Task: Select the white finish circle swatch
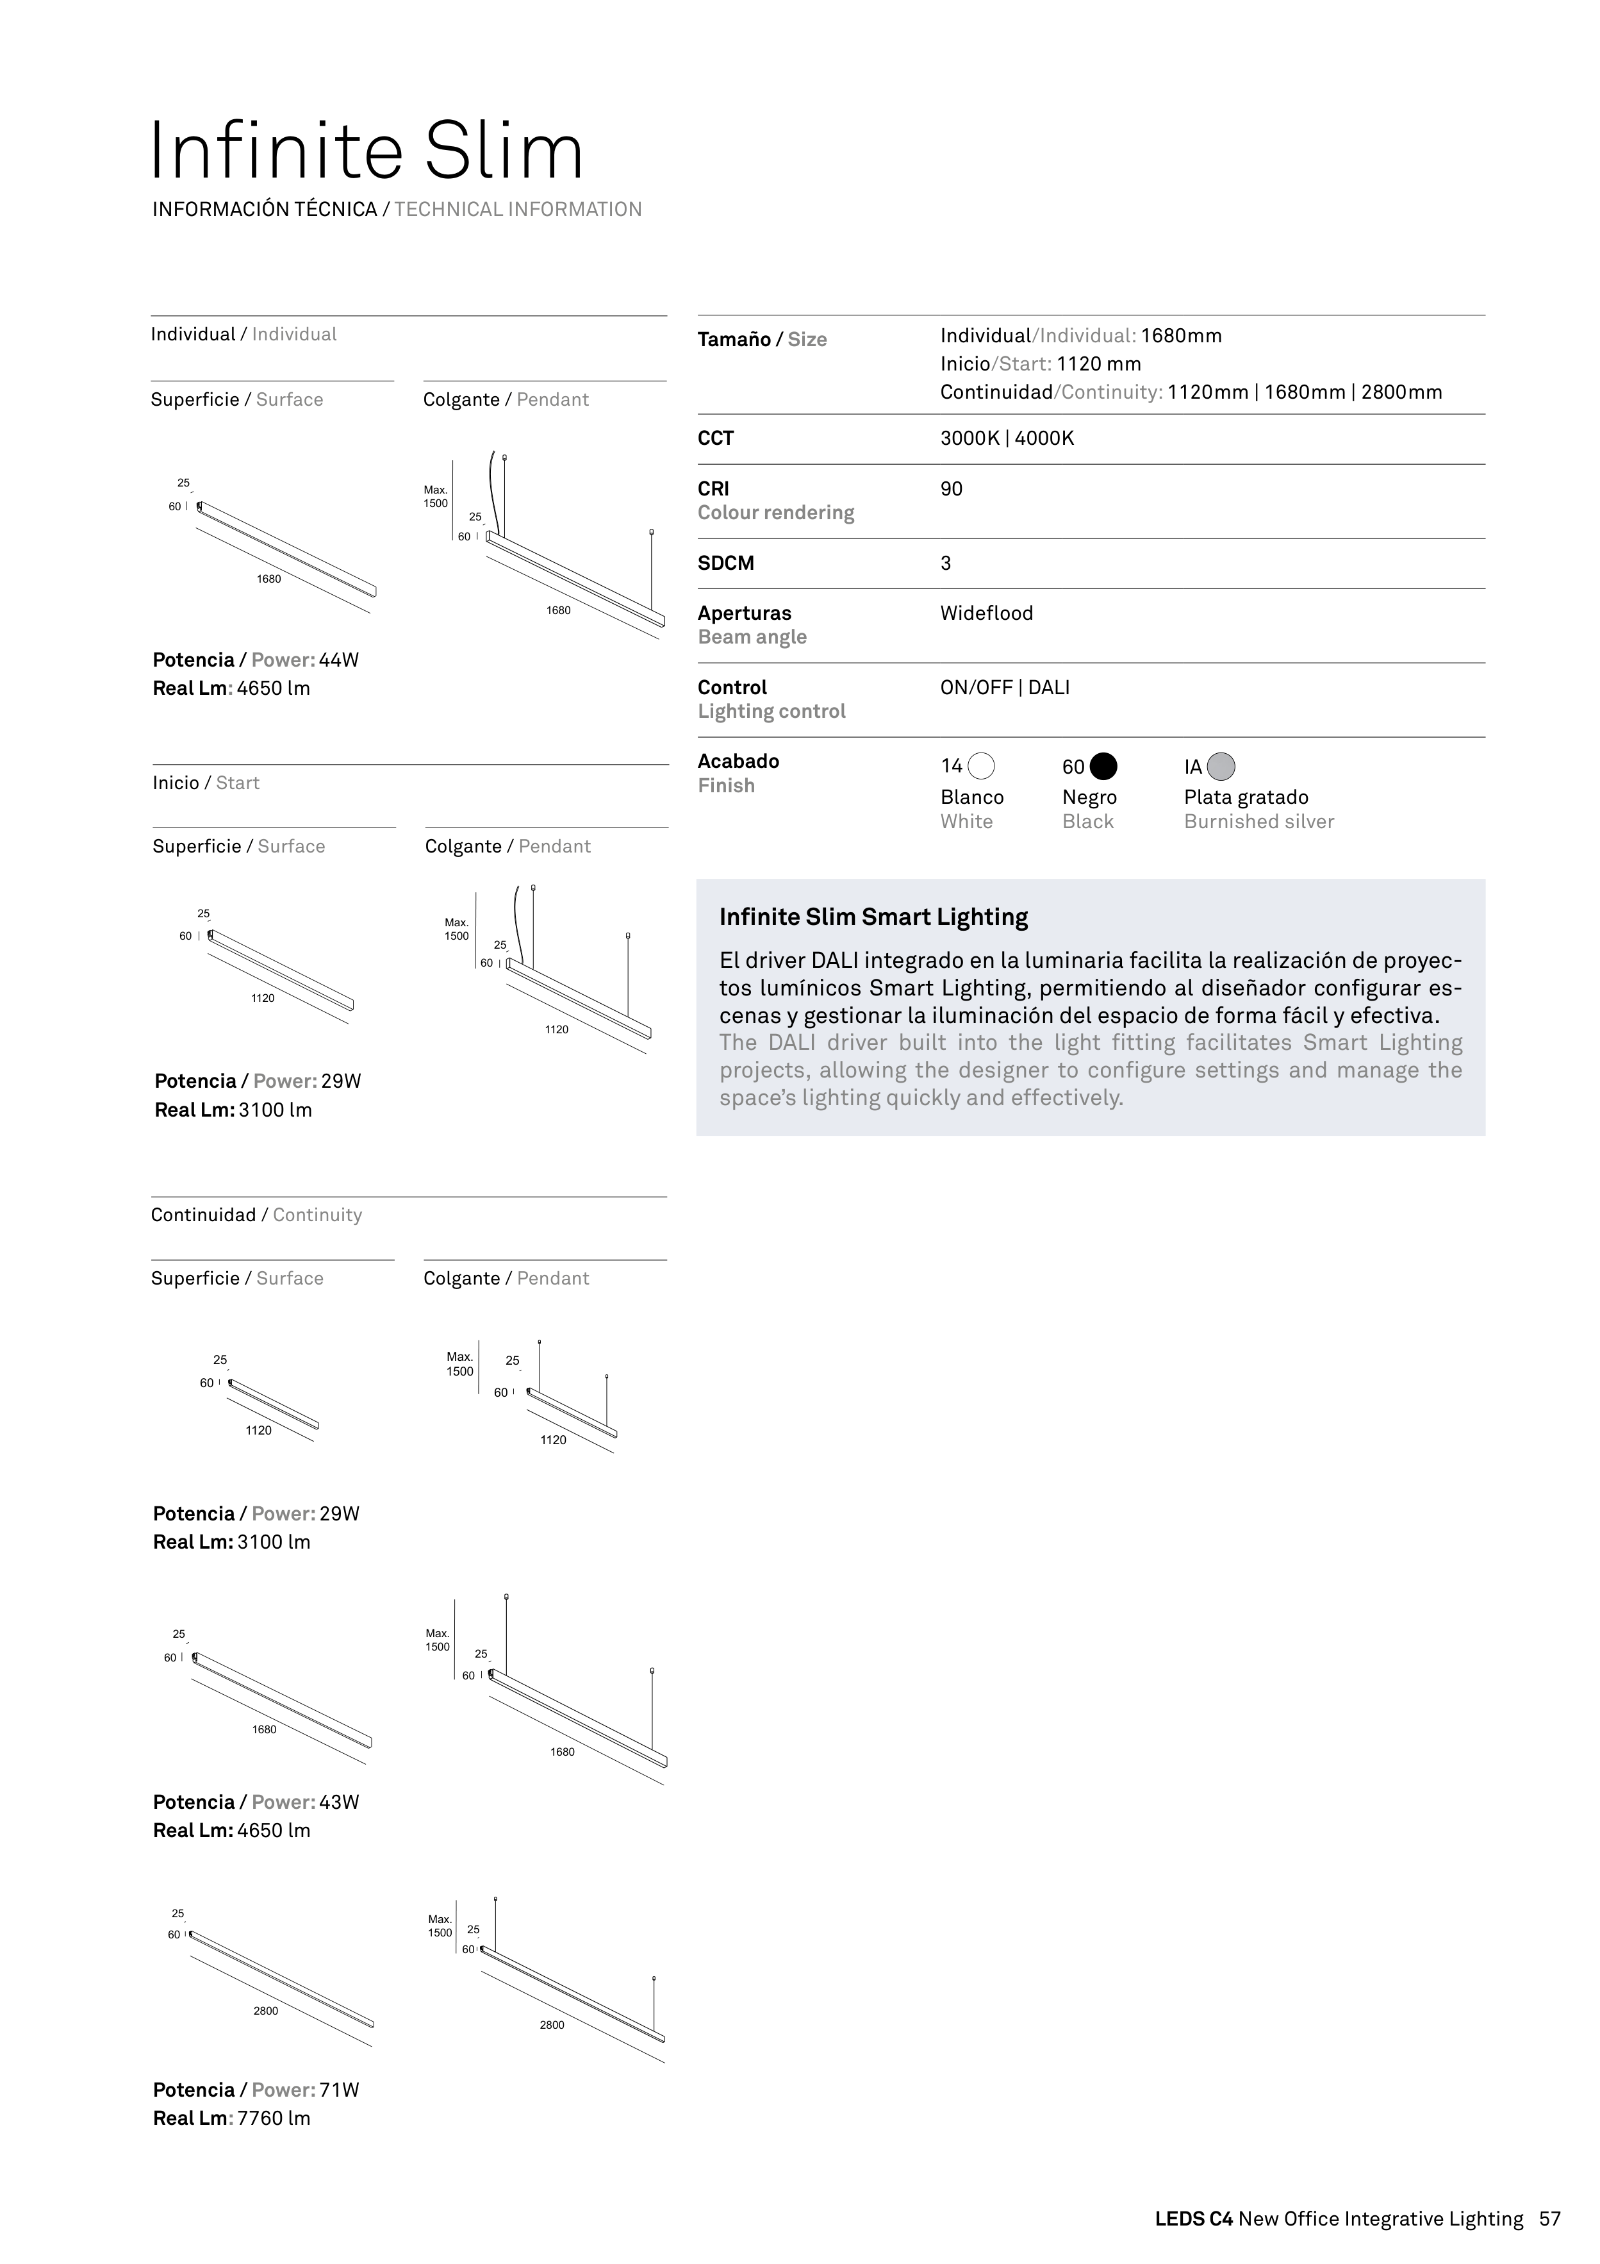click(981, 766)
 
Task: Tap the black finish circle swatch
click(1103, 766)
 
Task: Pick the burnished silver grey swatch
click(1221, 766)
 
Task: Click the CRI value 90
click(952, 489)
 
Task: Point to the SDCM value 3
click(945, 563)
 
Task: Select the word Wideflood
click(987, 613)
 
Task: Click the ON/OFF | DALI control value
click(1005, 687)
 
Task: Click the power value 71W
click(339, 2090)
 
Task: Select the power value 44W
click(339, 660)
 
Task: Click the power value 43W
click(339, 1802)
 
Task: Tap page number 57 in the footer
click(1550, 2218)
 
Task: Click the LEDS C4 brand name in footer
click(1194, 2218)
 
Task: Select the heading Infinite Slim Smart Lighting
click(873, 917)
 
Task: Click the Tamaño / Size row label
click(762, 339)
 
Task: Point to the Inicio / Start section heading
click(206, 783)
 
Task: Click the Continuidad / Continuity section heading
click(256, 1215)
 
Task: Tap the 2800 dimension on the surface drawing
click(266, 2011)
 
